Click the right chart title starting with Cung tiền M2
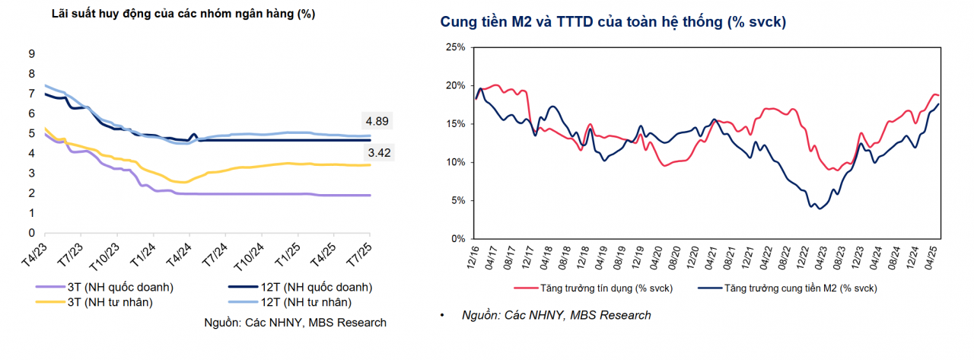[613, 23]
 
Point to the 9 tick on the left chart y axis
[32, 53]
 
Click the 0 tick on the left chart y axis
[32, 233]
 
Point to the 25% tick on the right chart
[455, 47]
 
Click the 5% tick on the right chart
[458, 201]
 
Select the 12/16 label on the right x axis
[475, 256]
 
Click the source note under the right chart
[556, 315]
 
